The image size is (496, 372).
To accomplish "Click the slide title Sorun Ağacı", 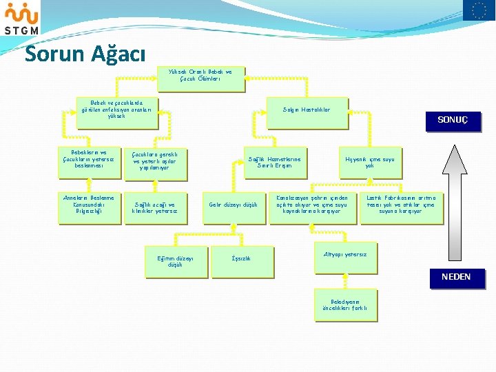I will tap(85, 53).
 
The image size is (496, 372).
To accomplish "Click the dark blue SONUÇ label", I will tap(452, 120).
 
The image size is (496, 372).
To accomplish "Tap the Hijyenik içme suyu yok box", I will tap(369, 163).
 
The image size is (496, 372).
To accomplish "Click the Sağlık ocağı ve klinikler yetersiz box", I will tap(155, 207).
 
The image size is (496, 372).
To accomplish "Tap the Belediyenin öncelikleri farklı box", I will tap(345, 305).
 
